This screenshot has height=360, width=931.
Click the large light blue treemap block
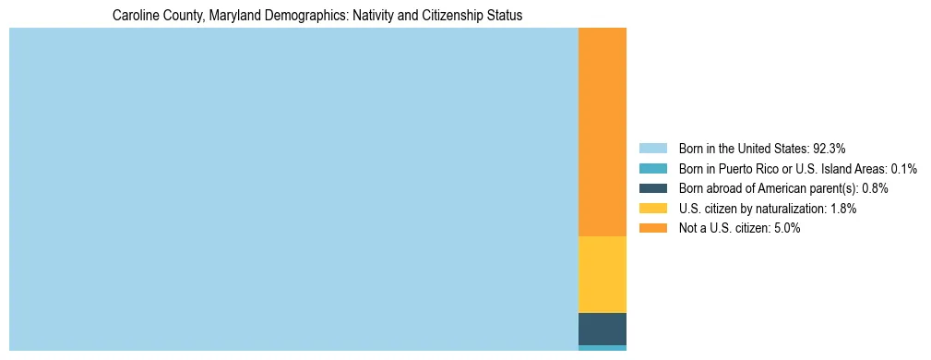click(x=293, y=189)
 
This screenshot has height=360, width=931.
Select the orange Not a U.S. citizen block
click(x=602, y=132)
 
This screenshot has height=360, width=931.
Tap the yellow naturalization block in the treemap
click(x=602, y=274)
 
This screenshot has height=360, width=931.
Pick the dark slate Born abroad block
click(x=602, y=329)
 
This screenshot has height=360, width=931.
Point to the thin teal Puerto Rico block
click(x=602, y=348)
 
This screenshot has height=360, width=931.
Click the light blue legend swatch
click(x=652, y=148)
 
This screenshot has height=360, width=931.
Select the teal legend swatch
click(x=652, y=168)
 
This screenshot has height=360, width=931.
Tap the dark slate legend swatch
click(x=652, y=188)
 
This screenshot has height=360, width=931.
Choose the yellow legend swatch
click(x=652, y=209)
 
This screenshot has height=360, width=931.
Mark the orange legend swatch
click(x=652, y=228)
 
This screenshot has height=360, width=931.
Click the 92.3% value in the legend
click(x=829, y=148)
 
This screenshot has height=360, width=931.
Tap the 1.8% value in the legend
click(x=842, y=209)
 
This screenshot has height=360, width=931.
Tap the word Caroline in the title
click(x=135, y=16)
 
